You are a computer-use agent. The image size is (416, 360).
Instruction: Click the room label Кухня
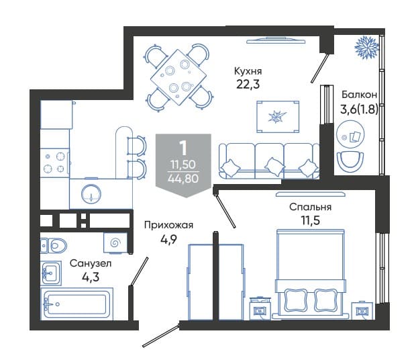click(248, 71)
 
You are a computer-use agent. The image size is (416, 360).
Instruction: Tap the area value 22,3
click(248, 85)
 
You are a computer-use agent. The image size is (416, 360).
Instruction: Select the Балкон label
click(359, 95)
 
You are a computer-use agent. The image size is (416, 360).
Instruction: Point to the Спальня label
click(310, 207)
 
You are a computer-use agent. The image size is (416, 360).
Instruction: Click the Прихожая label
click(168, 225)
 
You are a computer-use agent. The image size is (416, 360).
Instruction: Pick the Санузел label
click(91, 263)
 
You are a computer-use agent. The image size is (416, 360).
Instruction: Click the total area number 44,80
click(183, 179)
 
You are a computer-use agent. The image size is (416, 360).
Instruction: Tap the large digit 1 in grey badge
click(183, 148)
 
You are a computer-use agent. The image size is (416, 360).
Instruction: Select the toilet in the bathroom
click(54, 245)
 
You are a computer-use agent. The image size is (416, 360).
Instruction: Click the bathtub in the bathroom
click(76, 304)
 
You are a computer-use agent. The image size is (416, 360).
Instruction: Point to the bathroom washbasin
click(51, 273)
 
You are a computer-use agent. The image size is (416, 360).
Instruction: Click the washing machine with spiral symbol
click(115, 242)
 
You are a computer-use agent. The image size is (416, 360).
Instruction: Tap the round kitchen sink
click(91, 194)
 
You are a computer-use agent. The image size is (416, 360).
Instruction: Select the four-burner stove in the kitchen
click(54, 163)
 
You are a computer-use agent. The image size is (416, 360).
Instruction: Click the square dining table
click(178, 77)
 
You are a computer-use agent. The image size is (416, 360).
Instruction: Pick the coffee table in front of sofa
click(278, 117)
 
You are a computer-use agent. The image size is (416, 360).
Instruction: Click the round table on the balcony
click(350, 134)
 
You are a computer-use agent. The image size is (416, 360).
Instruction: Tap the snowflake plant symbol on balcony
click(367, 48)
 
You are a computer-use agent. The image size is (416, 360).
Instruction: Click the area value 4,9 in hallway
click(168, 240)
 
